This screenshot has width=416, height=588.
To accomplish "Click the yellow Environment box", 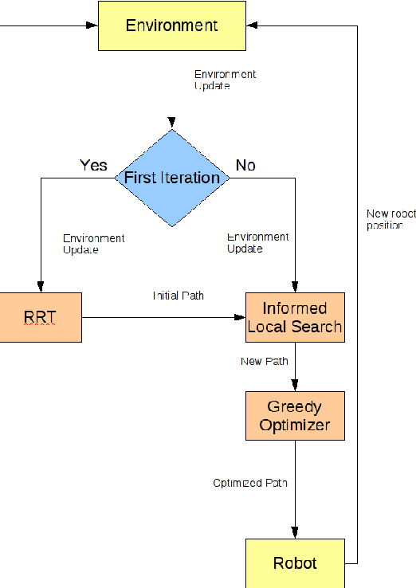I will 171,25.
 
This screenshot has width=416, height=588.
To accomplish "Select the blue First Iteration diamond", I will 172,178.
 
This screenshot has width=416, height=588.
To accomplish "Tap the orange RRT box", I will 40,317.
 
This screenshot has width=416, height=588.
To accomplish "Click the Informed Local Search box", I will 295,317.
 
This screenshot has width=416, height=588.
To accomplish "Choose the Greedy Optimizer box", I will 295,416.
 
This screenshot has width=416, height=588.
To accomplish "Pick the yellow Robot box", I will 295,563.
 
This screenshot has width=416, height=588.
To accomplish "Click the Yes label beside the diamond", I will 93,165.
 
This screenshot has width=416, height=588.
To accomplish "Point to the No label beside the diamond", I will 245,165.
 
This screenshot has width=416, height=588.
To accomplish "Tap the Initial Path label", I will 179,296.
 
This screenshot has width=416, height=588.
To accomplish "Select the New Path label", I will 264,362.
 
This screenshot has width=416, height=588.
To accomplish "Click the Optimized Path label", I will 250,483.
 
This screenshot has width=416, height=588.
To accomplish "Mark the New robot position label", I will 390,219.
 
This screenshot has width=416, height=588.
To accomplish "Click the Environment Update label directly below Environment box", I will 225,80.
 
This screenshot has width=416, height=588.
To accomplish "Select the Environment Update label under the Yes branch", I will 93,244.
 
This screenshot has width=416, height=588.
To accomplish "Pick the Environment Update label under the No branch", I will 257,243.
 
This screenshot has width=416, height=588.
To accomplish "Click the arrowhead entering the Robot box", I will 296,534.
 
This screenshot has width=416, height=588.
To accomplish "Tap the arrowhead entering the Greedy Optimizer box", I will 296,386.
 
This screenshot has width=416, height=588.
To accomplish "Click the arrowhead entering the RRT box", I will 39,288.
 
